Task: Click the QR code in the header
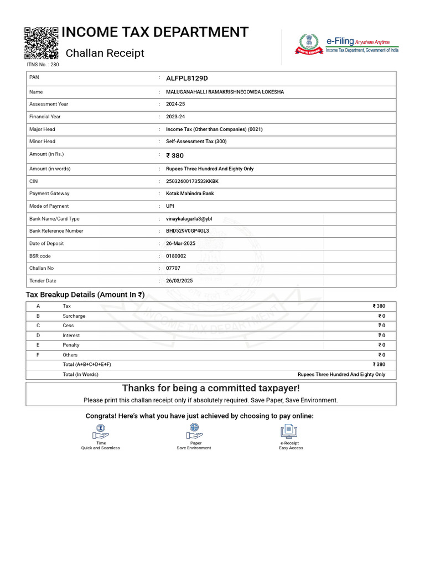(42, 43)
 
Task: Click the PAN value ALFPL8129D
(187, 78)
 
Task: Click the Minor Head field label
(42, 141)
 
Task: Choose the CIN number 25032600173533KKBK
(192, 181)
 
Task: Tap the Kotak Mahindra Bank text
(190, 193)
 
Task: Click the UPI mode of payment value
(170, 206)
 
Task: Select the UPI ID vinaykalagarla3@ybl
(189, 219)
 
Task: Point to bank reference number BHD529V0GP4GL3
(188, 231)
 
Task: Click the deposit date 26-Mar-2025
(181, 244)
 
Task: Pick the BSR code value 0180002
(176, 256)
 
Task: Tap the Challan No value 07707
(173, 268)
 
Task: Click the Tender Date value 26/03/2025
(179, 281)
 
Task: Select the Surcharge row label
(74, 316)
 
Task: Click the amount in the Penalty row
(382, 345)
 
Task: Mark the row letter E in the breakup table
(38, 345)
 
